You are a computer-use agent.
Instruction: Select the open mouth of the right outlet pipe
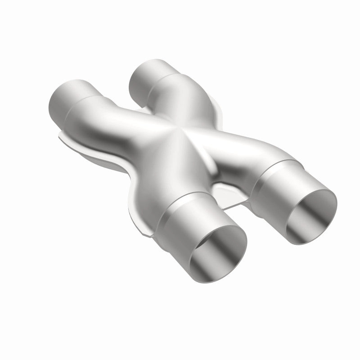310,211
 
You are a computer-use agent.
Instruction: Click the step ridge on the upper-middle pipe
155,83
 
